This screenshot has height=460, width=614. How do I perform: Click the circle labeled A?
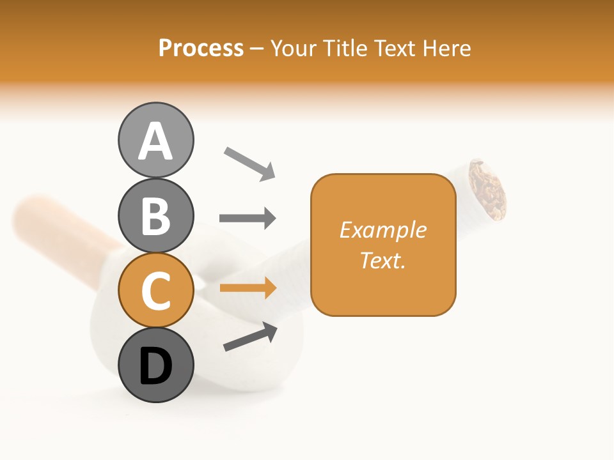click(x=155, y=140)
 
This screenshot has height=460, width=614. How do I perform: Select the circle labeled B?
click(x=155, y=215)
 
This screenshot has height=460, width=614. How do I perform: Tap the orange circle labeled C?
click(x=155, y=290)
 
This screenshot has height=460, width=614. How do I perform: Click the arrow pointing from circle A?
click(x=249, y=163)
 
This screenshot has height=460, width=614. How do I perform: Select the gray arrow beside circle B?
click(x=248, y=218)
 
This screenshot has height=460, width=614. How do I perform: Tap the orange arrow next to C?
click(x=248, y=288)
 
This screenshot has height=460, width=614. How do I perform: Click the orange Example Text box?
click(x=383, y=245)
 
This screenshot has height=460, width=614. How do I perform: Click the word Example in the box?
click(x=382, y=230)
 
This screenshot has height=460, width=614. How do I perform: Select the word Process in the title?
click(x=201, y=48)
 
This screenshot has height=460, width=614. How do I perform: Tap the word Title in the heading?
click(x=345, y=48)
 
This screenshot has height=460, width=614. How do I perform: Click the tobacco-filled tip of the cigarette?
click(x=488, y=188)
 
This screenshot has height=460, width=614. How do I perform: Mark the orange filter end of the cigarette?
click(x=58, y=224)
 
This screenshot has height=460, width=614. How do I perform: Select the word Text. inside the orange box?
click(x=382, y=260)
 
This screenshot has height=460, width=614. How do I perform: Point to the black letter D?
click(x=155, y=366)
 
